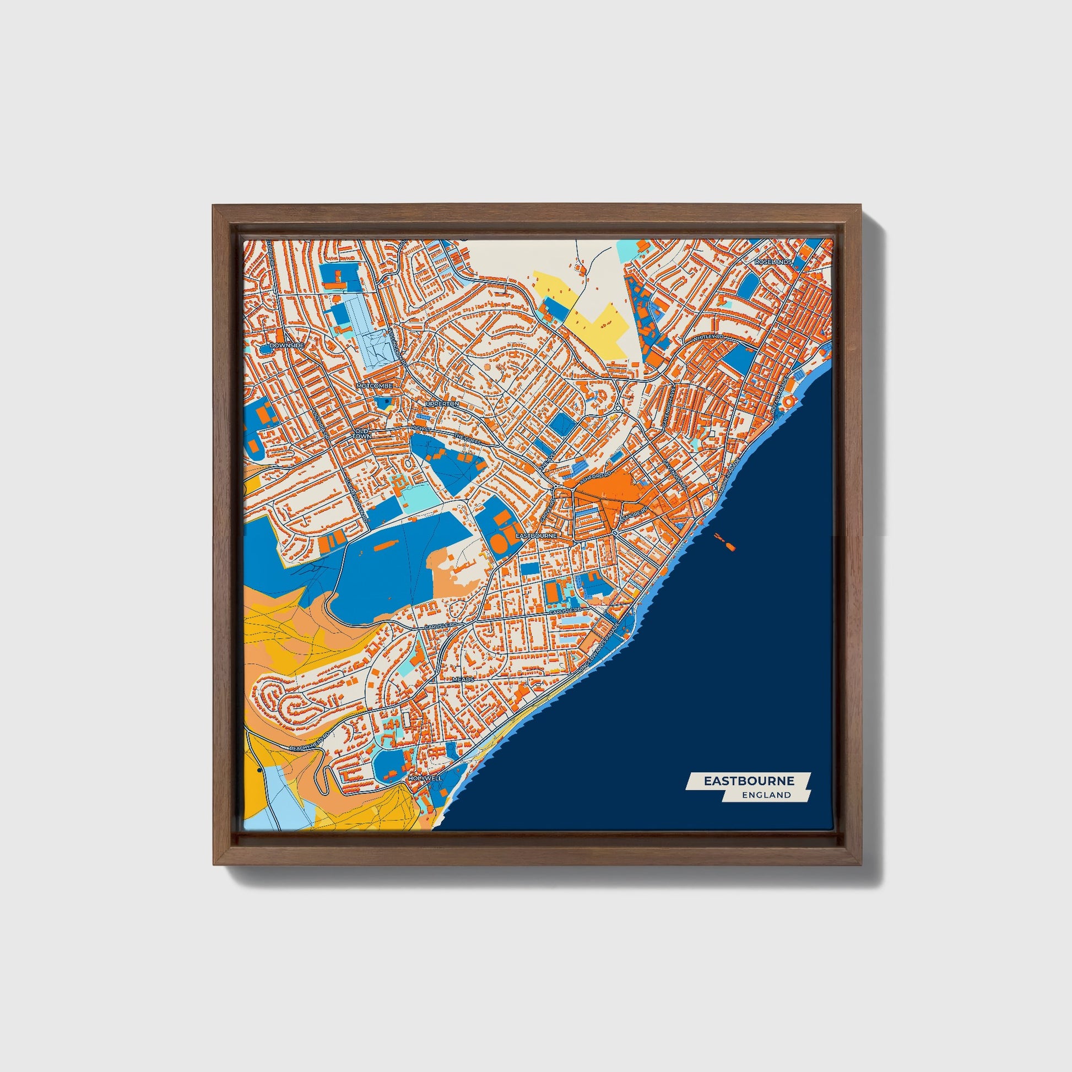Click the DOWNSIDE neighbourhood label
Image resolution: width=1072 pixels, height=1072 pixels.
[286, 345]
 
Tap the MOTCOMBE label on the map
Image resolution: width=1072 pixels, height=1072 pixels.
[375, 385]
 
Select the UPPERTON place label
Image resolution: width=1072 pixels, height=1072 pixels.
[442, 404]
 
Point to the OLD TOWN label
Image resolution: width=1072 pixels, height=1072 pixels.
[361, 434]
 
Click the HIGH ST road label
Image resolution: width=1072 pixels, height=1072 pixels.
[420, 429]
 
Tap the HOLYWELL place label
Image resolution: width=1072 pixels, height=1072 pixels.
[425, 778]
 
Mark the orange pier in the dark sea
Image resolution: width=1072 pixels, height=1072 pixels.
[724, 541]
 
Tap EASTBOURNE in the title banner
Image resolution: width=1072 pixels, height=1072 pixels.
[749, 781]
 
